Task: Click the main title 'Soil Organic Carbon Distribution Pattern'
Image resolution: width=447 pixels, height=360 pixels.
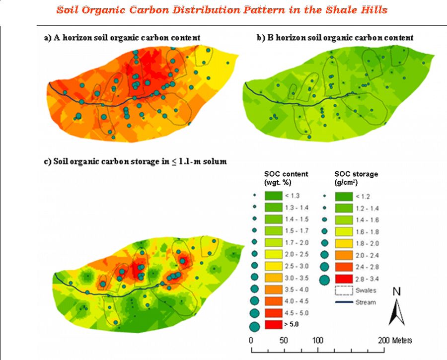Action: click(x=222, y=10)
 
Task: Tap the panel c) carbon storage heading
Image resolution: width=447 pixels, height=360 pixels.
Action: click(x=136, y=161)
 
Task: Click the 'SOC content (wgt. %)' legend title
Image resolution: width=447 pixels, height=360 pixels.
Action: click(x=286, y=178)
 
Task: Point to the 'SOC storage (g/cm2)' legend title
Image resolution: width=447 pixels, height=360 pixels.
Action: click(x=356, y=178)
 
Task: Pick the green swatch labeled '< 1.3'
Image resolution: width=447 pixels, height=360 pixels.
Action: click(x=273, y=195)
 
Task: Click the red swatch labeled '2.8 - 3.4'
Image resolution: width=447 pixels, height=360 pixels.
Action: click(x=343, y=279)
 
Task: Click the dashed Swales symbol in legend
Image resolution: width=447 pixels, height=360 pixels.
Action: click(x=343, y=290)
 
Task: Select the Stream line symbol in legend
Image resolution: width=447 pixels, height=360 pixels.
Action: click(x=343, y=302)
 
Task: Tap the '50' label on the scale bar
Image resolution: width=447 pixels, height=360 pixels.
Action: click(x=284, y=341)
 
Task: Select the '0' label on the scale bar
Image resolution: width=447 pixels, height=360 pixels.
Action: click(x=252, y=341)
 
